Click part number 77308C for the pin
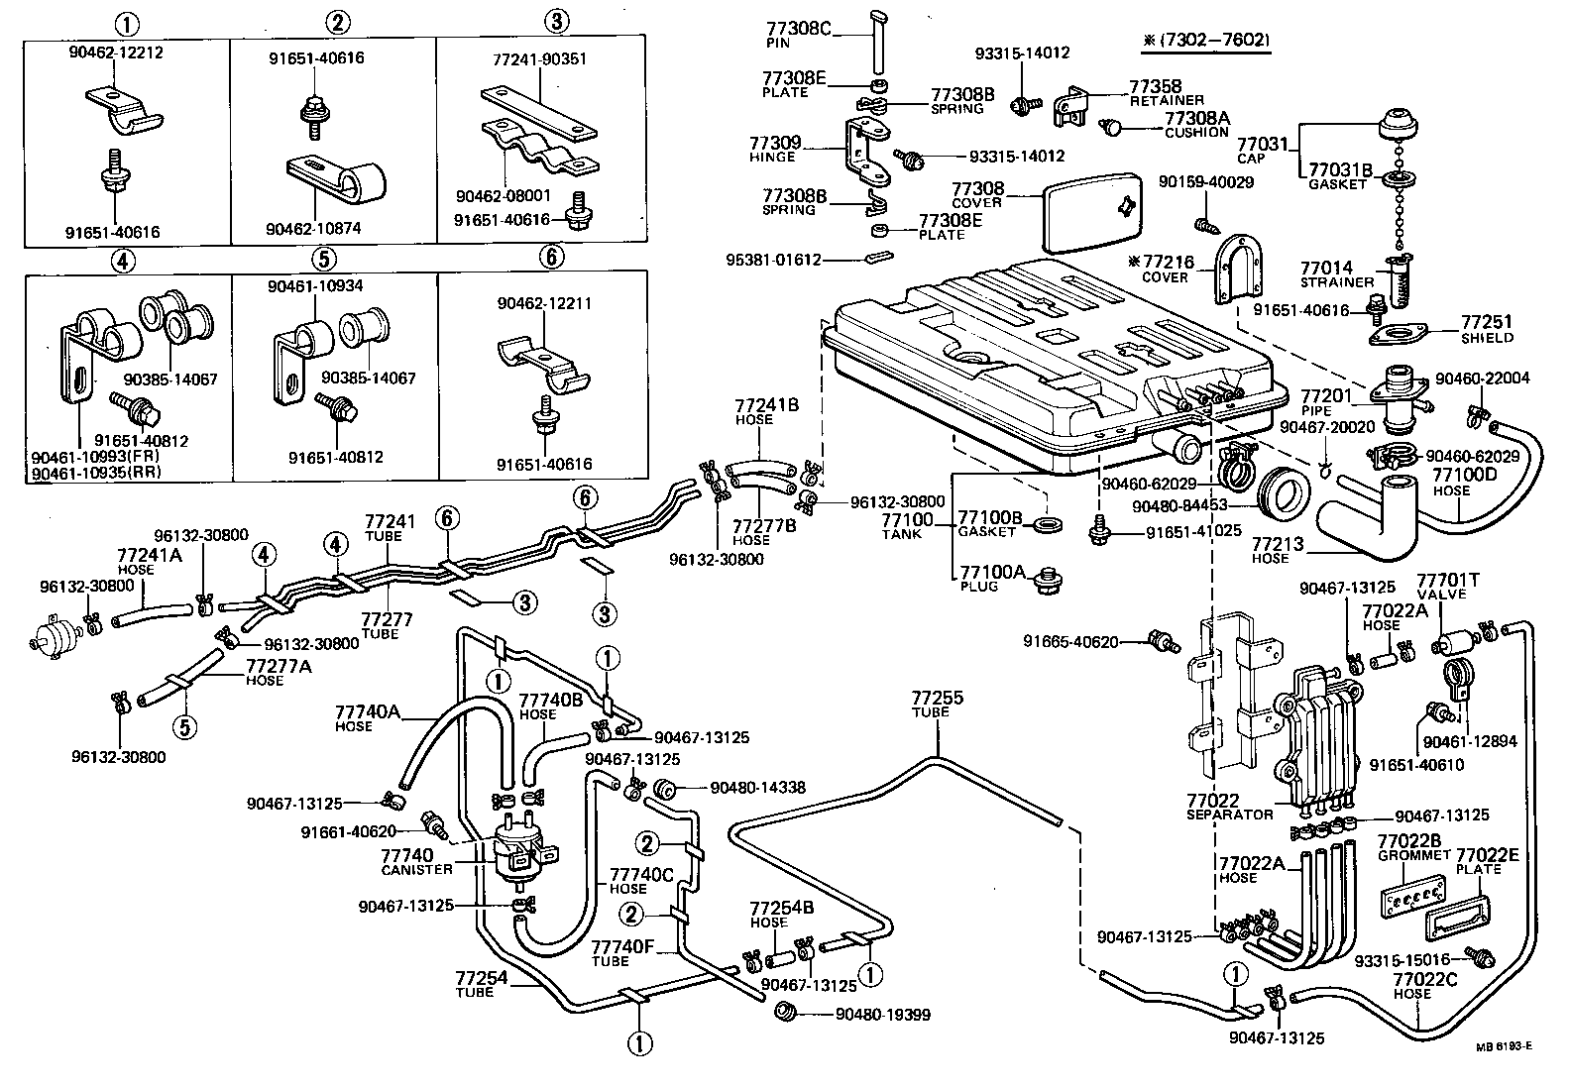pos(798,28)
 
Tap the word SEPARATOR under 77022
pos(1229,815)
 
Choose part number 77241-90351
pos(539,59)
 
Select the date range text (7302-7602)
pos(1204,40)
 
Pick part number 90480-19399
pos(883,1015)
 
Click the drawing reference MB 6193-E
pos(1504,1046)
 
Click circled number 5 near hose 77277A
pos(183,727)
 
